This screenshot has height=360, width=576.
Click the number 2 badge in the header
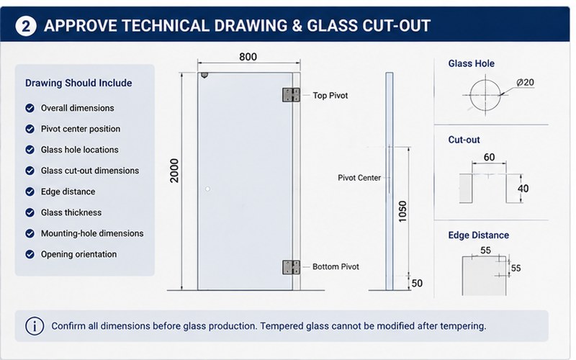pyautogui.click(x=26, y=26)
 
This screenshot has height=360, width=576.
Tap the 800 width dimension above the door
pyautogui.click(x=248, y=57)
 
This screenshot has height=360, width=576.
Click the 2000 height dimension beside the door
pyautogui.click(x=174, y=171)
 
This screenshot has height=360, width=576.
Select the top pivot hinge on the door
pyautogui.click(x=291, y=95)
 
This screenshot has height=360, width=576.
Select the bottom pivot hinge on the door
pyautogui.click(x=291, y=267)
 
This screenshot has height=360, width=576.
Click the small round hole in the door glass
pyautogui.click(x=207, y=189)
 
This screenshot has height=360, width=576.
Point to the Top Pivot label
pyautogui.click(x=330, y=96)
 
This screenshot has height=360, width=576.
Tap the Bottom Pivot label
pyautogui.click(x=336, y=266)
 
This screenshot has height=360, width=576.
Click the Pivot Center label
pyautogui.click(x=359, y=178)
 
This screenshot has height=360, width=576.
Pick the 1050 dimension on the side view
pyautogui.click(x=402, y=211)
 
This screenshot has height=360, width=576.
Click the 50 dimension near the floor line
pyautogui.click(x=417, y=283)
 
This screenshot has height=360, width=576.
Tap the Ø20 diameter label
pyautogui.click(x=526, y=82)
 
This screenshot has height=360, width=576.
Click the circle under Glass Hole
pyautogui.click(x=485, y=95)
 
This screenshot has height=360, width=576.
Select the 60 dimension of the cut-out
pyautogui.click(x=489, y=157)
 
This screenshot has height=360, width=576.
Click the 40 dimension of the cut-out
pyautogui.click(x=523, y=189)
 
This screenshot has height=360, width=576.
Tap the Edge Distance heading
pyautogui.click(x=478, y=235)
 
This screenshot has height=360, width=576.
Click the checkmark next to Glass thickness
pyautogui.click(x=30, y=212)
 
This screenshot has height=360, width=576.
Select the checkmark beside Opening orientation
pyautogui.click(x=30, y=254)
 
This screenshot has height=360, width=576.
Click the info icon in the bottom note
pyautogui.click(x=35, y=326)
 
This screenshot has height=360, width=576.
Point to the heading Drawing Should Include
pyautogui.click(x=78, y=83)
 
